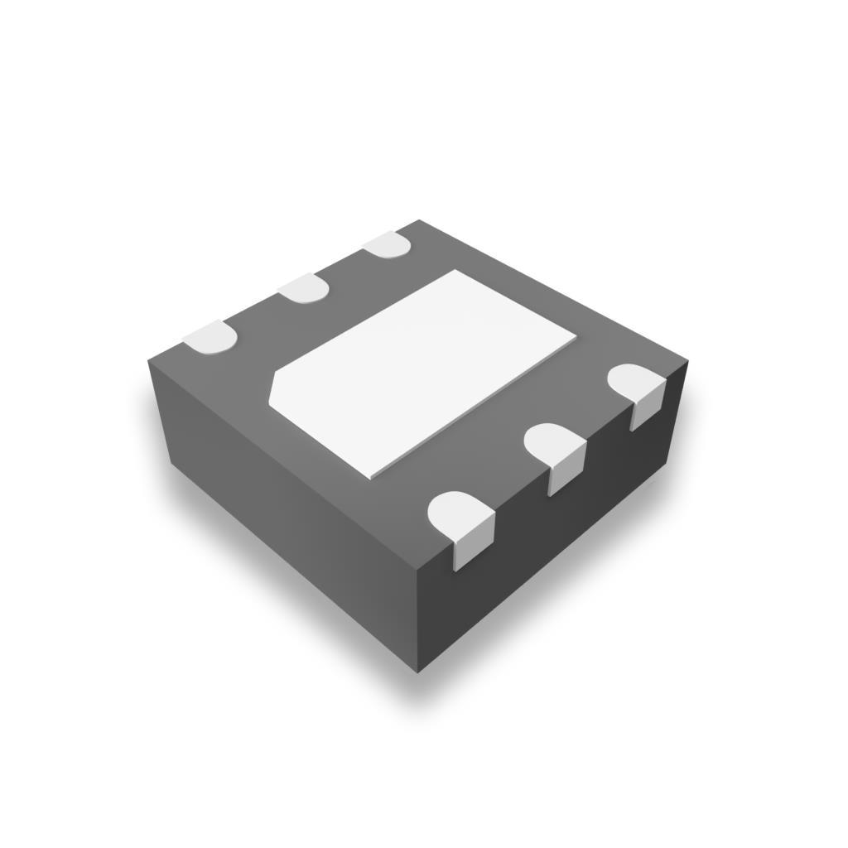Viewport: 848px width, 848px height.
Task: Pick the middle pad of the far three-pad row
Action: [x=304, y=287]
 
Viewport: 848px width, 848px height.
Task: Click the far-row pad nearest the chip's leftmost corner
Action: [x=210, y=336]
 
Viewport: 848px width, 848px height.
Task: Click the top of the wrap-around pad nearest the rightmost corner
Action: [x=635, y=383]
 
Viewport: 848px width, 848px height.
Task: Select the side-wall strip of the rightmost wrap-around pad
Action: [x=647, y=411]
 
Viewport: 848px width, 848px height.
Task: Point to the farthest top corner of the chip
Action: [x=419, y=220]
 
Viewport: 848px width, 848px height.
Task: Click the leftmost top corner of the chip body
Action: [x=149, y=361]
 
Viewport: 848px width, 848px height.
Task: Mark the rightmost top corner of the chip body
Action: [x=688, y=362]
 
